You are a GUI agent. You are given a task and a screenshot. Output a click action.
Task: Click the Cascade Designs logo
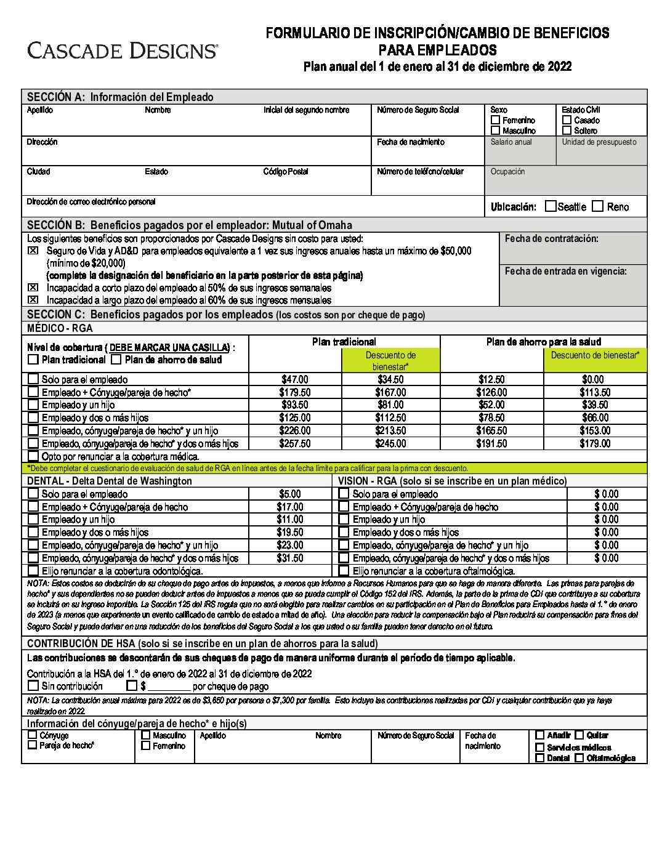(x=122, y=50)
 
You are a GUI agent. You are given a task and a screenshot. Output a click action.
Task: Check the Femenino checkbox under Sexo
(x=496, y=120)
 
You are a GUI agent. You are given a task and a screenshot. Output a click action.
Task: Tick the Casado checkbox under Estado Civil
(x=567, y=120)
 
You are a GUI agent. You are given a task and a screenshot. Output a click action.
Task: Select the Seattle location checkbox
(x=551, y=206)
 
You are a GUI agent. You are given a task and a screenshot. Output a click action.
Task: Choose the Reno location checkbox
(x=597, y=206)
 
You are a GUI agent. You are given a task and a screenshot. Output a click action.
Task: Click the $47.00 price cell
(x=295, y=379)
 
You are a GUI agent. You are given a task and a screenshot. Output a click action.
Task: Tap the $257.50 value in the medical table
(x=295, y=443)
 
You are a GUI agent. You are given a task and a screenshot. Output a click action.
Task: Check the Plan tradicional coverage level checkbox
(x=33, y=360)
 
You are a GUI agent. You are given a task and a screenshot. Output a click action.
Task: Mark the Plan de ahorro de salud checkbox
(x=116, y=360)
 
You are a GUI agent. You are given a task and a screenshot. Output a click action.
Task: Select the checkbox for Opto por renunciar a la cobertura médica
(x=33, y=456)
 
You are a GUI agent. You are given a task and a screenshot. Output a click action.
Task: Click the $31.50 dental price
(x=290, y=558)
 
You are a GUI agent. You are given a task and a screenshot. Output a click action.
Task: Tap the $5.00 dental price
(x=290, y=494)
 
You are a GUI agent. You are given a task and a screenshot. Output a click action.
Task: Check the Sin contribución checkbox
(x=33, y=685)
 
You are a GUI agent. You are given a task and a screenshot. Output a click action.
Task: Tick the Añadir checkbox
(x=540, y=735)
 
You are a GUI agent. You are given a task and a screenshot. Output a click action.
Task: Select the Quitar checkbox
(x=579, y=735)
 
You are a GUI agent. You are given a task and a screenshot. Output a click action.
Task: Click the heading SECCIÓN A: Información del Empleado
(x=120, y=97)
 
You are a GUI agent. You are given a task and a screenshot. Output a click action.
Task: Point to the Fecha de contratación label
(x=551, y=238)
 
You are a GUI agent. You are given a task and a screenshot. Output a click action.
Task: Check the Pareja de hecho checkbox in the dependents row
(x=33, y=745)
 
